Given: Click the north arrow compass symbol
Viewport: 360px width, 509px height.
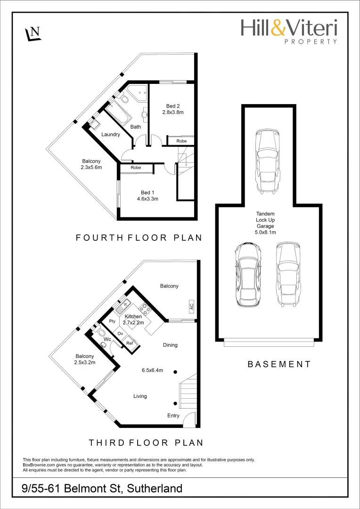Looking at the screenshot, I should pyautogui.click(x=34, y=33).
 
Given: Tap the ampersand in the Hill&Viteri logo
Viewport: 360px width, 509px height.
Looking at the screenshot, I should pyautogui.click(x=278, y=28).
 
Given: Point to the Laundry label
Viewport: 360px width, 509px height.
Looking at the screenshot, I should pyautogui.click(x=110, y=135).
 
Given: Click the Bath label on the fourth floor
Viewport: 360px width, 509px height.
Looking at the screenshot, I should pyautogui.click(x=135, y=127).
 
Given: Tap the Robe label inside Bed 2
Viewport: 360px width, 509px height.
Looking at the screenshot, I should pyautogui.click(x=181, y=141).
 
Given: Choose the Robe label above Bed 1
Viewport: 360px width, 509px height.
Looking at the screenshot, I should pyautogui.click(x=136, y=167).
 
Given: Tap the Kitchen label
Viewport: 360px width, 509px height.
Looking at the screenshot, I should pyautogui.click(x=133, y=316).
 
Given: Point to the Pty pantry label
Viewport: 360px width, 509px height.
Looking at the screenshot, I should pyautogui.click(x=112, y=321).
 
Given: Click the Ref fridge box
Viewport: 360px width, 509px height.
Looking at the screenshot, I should pyautogui.click(x=130, y=343).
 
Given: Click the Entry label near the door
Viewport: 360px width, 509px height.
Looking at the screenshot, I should pyautogui.click(x=173, y=416).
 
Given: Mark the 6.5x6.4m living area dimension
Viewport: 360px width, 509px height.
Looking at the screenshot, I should pyautogui.click(x=153, y=370).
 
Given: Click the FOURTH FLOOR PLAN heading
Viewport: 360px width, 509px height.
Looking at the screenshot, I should pyautogui.click(x=139, y=238).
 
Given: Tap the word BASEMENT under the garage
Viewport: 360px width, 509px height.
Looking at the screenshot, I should pyautogui.click(x=279, y=364).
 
